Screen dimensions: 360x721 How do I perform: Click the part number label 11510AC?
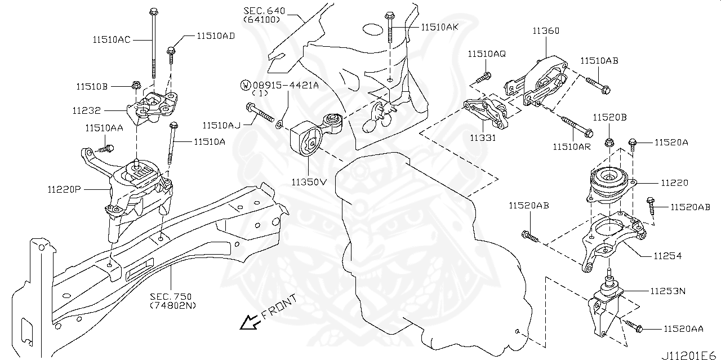point(112,40)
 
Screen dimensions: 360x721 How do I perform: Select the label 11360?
point(545,32)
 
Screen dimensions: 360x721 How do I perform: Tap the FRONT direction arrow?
point(247,322)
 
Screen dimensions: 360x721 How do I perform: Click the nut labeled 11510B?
point(136,86)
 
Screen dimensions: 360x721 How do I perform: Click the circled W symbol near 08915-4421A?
point(246,85)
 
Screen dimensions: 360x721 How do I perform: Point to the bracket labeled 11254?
point(611,239)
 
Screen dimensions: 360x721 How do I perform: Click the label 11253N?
point(667,291)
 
